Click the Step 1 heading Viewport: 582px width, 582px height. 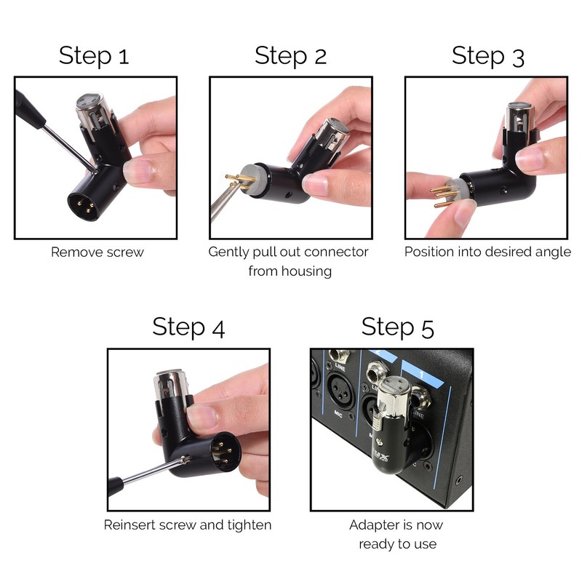coord(94,56)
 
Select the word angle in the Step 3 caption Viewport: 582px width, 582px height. coord(552,252)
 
